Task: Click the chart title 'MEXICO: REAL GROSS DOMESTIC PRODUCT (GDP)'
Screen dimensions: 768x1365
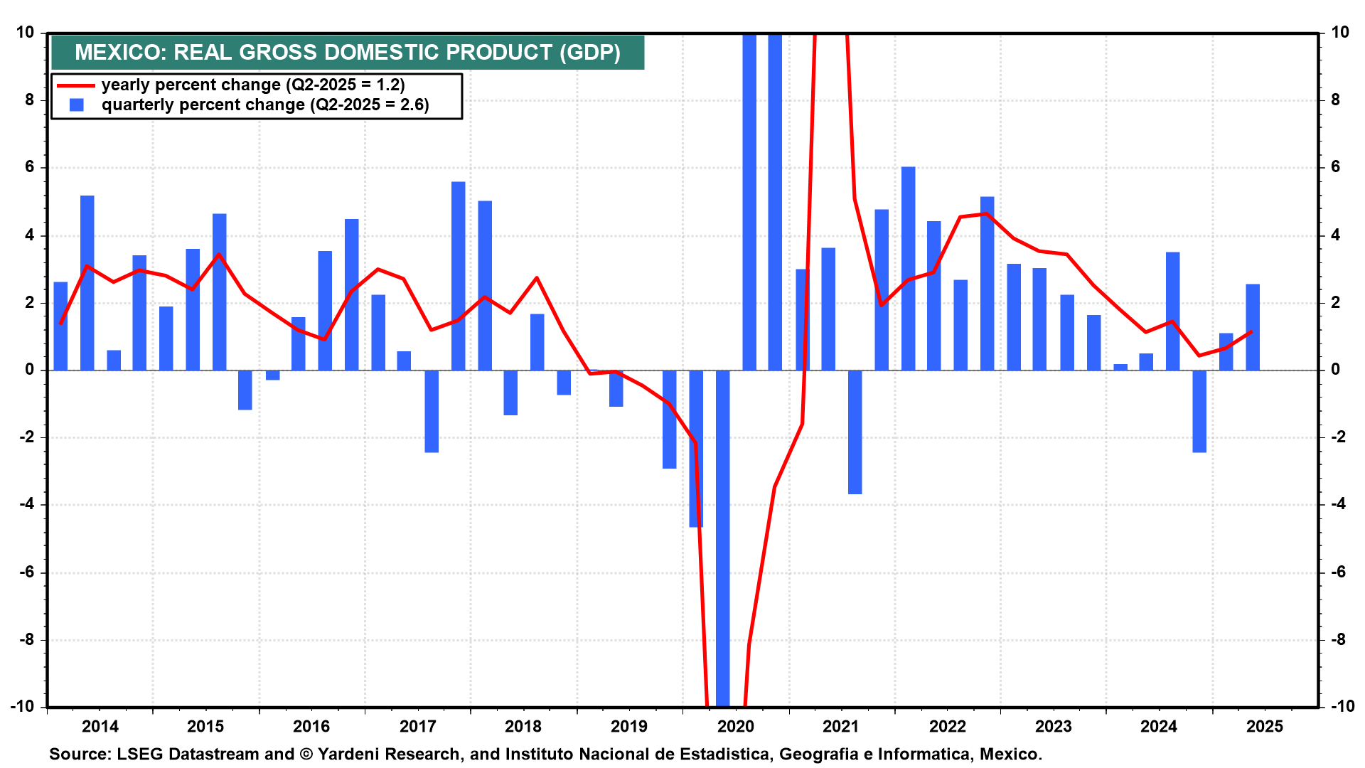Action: click(347, 53)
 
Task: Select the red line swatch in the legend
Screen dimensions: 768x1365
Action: click(75, 85)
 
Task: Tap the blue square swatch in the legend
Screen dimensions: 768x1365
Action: click(77, 105)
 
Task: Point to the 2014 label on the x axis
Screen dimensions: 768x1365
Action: click(100, 726)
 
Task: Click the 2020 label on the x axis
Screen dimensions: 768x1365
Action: click(735, 726)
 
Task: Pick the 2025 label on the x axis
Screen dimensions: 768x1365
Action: click(1265, 726)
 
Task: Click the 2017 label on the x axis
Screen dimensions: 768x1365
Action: click(417, 726)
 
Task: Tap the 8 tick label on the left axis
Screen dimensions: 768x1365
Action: click(29, 100)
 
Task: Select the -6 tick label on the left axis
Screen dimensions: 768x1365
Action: click(26, 572)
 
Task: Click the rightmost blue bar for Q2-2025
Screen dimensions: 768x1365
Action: click(1252, 327)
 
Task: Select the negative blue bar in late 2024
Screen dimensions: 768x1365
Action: click(1199, 411)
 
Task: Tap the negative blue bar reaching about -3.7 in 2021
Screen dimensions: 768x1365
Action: click(855, 432)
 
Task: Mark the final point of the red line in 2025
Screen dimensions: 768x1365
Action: click(1251, 331)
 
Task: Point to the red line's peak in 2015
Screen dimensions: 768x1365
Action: click(219, 255)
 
